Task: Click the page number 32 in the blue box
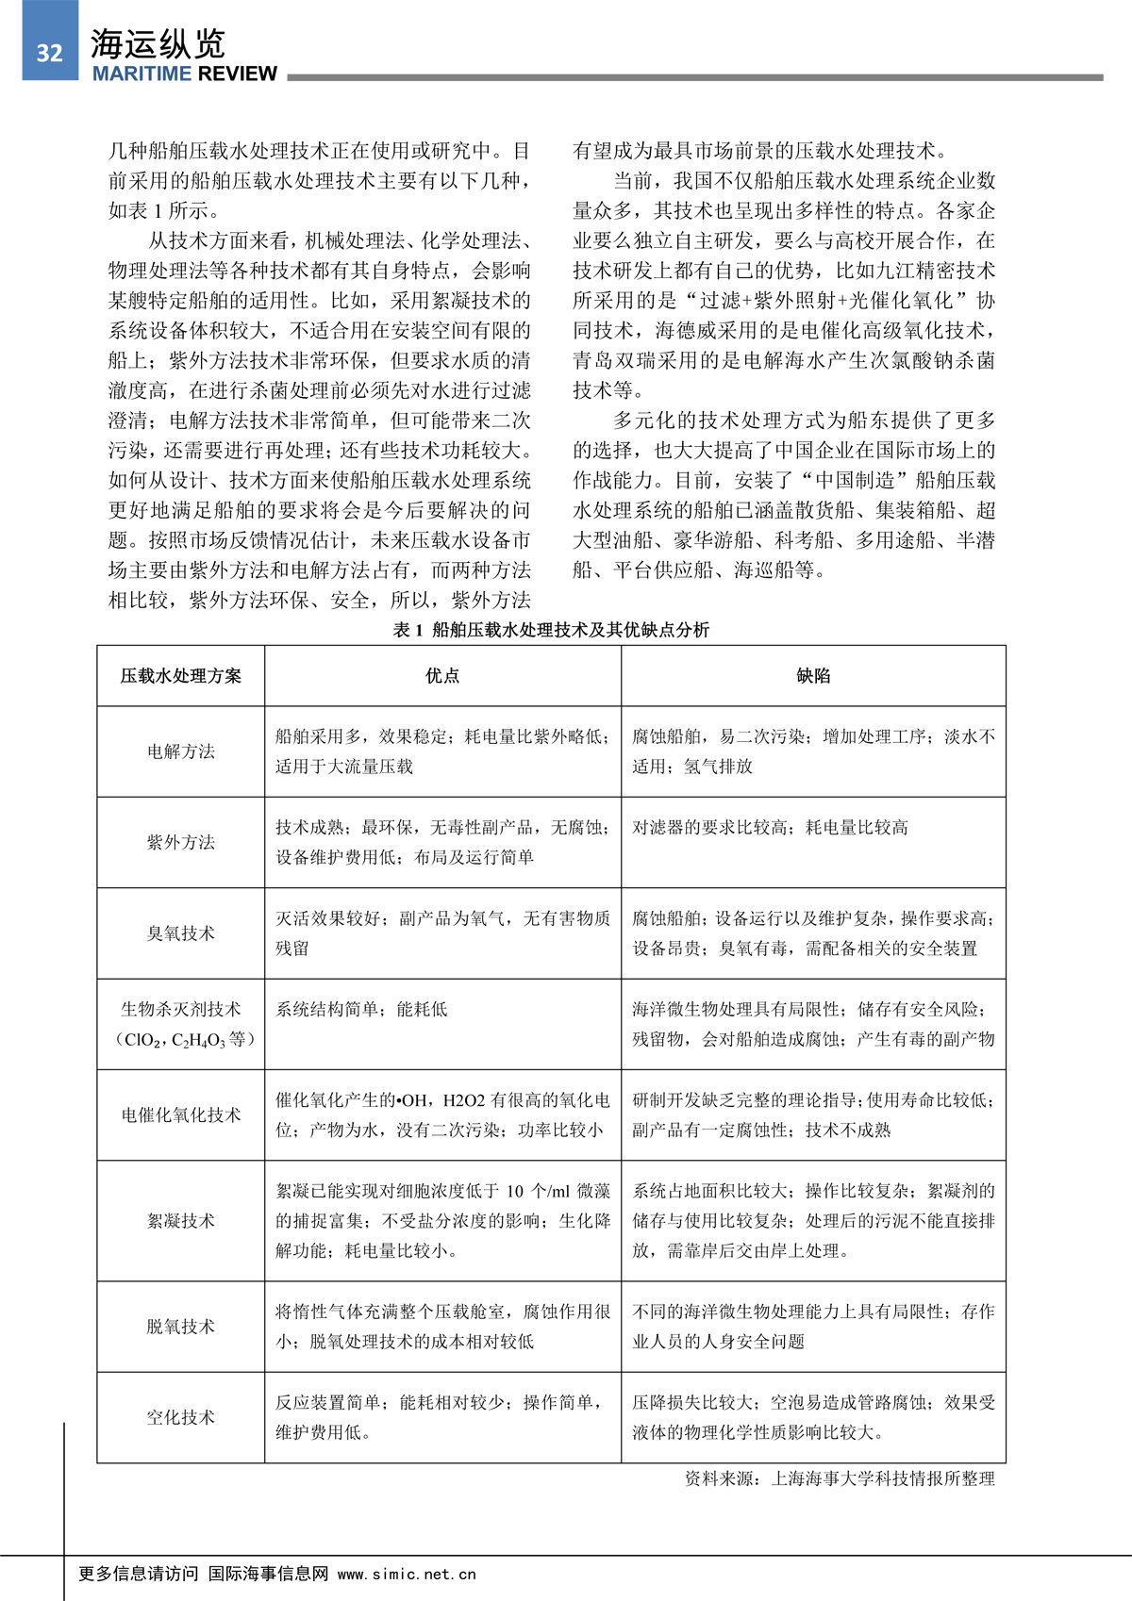pyautogui.click(x=49, y=52)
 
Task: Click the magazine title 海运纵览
pyautogui.click(x=158, y=43)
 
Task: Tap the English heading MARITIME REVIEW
pyautogui.click(x=185, y=74)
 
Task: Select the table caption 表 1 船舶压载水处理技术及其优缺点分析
pyautogui.click(x=551, y=630)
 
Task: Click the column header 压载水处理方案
pyautogui.click(x=180, y=676)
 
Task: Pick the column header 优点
pyautogui.click(x=442, y=676)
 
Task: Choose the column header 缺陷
pyautogui.click(x=813, y=676)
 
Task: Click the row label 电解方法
pyautogui.click(x=180, y=751)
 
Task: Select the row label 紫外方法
pyautogui.click(x=180, y=842)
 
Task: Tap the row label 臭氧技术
pyautogui.click(x=180, y=933)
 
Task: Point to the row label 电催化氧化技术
pyautogui.click(x=180, y=1115)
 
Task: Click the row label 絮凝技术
pyautogui.click(x=180, y=1221)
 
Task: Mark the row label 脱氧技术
pyautogui.click(x=180, y=1327)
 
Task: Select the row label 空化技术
pyautogui.click(x=180, y=1417)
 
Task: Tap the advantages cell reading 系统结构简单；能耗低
pyautogui.click(x=361, y=1010)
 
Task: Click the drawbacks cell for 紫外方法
pyautogui.click(x=770, y=828)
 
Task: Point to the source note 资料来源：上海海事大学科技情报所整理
pyautogui.click(x=840, y=1478)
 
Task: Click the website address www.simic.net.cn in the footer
pyautogui.click(x=407, y=1574)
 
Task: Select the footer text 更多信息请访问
pyautogui.click(x=139, y=1574)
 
